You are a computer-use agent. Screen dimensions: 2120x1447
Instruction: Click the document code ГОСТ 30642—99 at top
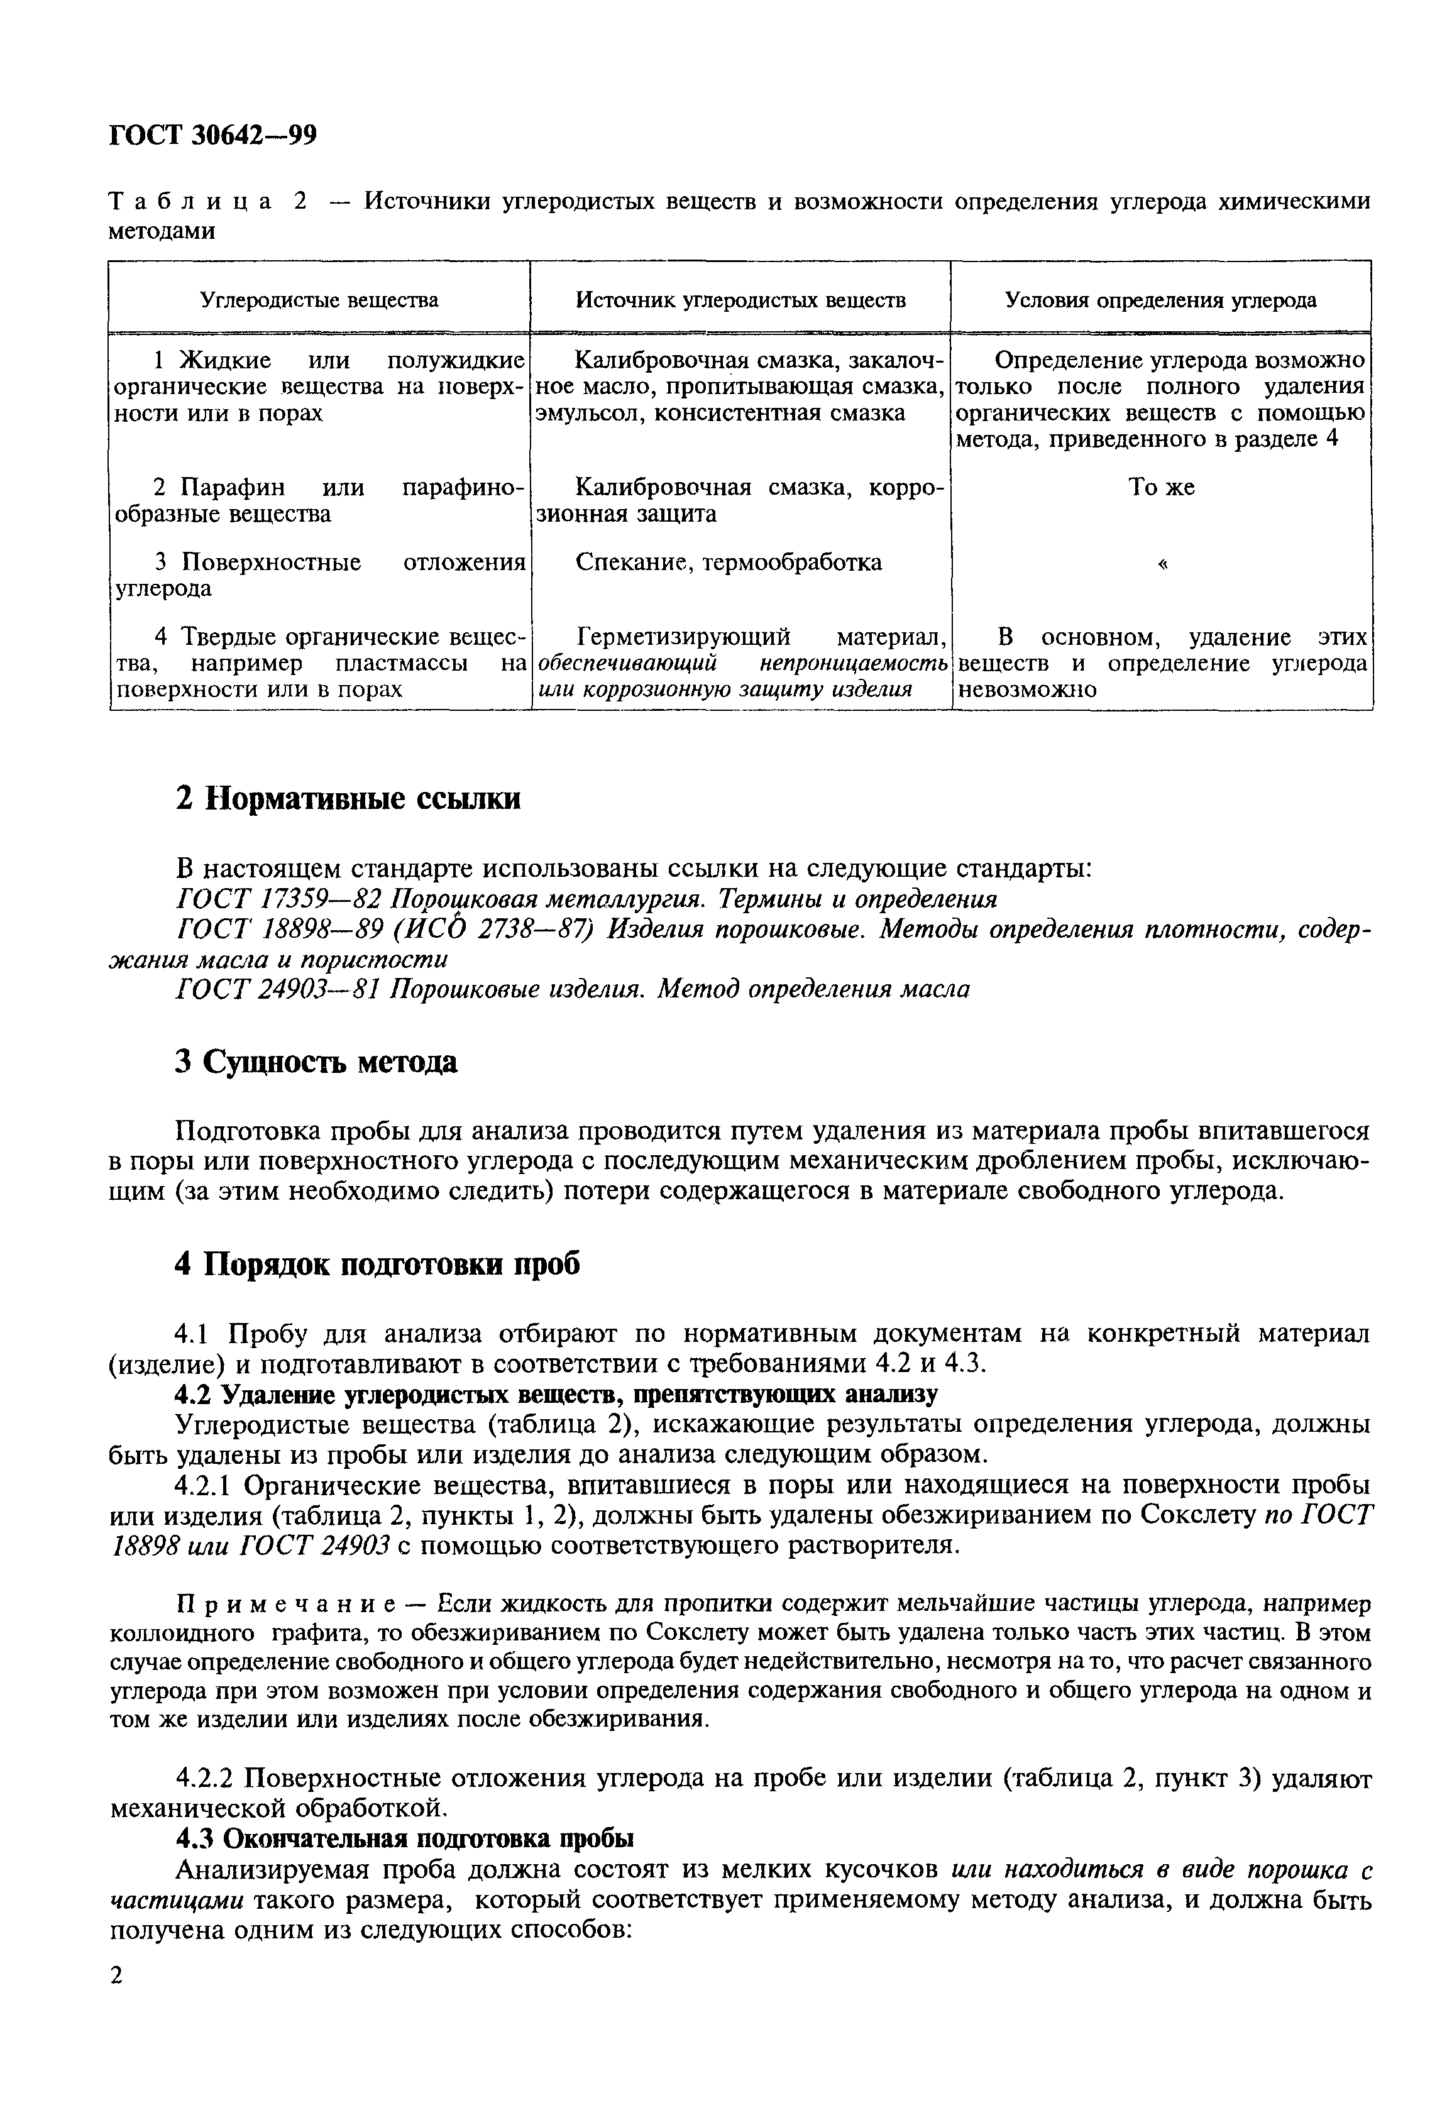(212, 135)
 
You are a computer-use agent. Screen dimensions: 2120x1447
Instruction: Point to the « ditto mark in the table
(1162, 563)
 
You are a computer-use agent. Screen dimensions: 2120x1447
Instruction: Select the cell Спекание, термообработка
(729, 563)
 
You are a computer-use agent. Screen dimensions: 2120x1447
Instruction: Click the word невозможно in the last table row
(1025, 689)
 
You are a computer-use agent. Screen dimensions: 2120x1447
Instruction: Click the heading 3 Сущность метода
(316, 1062)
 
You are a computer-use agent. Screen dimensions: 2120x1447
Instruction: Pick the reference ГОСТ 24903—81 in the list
(279, 989)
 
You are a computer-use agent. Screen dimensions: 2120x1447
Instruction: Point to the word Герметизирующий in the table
(685, 637)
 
